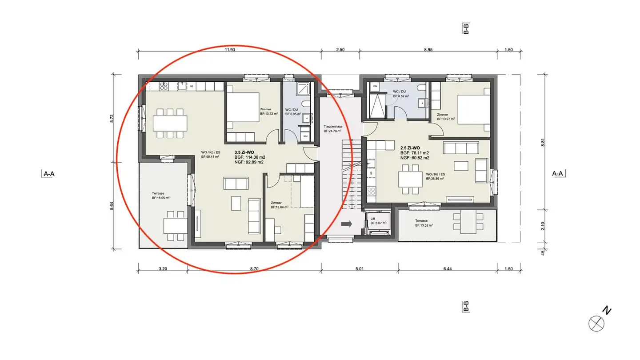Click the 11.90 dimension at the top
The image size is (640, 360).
229,50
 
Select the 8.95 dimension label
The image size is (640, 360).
428,50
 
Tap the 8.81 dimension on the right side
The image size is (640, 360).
543,143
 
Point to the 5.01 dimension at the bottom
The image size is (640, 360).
360,269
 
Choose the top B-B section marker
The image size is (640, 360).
466,29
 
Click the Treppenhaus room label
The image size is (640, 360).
332,128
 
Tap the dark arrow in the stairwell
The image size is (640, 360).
346,224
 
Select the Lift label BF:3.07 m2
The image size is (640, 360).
378,221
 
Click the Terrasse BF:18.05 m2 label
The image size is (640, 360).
160,196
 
